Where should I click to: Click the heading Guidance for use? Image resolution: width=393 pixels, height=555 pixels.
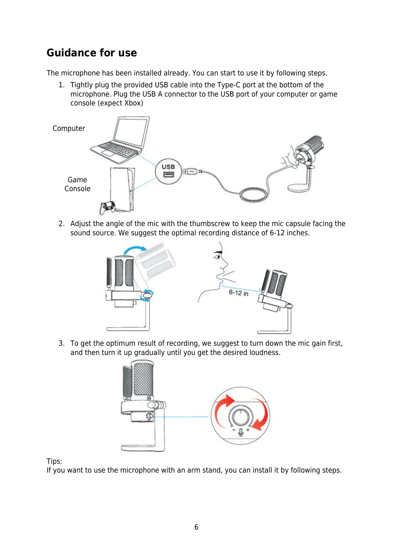click(92, 53)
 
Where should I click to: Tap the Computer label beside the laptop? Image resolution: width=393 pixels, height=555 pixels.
click(69, 129)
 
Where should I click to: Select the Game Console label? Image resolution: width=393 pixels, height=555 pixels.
click(77, 184)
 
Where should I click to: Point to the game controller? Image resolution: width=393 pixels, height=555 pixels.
click(108, 207)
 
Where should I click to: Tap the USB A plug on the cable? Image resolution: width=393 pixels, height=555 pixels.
click(191, 171)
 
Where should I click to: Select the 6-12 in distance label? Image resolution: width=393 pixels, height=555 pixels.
click(238, 293)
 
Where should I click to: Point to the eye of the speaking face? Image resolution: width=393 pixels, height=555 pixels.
click(217, 256)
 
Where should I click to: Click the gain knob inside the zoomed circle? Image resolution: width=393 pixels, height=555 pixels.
click(241, 416)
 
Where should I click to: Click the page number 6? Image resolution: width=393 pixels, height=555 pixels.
click(196, 527)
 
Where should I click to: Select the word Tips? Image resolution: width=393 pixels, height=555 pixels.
click(54, 461)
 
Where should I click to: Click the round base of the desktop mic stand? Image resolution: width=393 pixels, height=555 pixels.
click(298, 188)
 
